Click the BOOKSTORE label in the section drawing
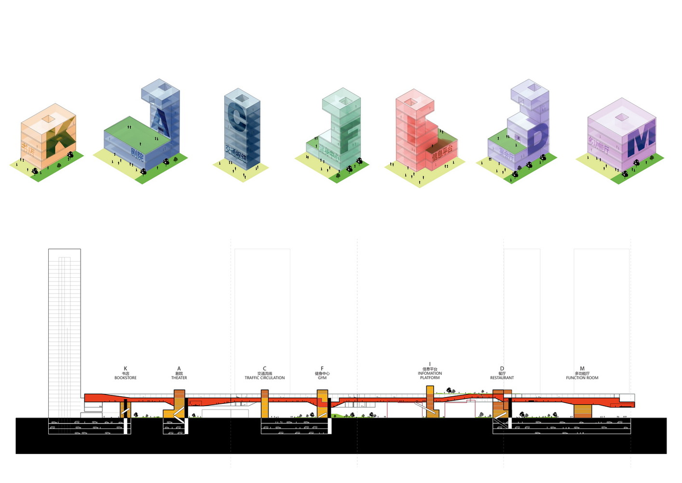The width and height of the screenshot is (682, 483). tap(125, 378)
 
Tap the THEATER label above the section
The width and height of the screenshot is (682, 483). tap(179, 378)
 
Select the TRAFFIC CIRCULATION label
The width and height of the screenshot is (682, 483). tap(264, 378)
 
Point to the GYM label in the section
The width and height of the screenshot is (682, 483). tap(322, 378)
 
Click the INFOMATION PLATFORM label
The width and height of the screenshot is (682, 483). tap(430, 375)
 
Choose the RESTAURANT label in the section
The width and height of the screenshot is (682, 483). tap(502, 378)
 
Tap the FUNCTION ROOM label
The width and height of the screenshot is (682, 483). tap(582, 378)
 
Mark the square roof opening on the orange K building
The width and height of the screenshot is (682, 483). tap(48, 118)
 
